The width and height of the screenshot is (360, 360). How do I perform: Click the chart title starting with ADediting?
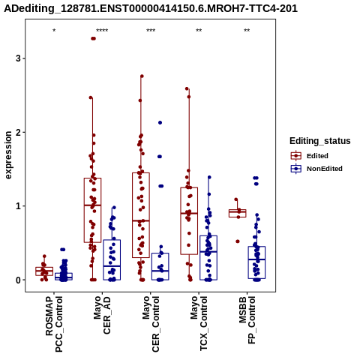pos(151,9)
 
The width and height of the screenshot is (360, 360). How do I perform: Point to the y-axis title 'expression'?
pos(8,155)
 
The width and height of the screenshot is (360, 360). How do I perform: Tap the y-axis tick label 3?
pos(19,58)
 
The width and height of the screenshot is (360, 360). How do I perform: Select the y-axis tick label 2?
pos(19,132)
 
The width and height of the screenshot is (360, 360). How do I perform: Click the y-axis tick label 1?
pos(19,206)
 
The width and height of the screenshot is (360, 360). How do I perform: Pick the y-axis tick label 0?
pos(19,280)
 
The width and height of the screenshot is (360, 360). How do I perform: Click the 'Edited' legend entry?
pos(317,156)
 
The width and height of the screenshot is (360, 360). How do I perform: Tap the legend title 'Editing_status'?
pos(320,141)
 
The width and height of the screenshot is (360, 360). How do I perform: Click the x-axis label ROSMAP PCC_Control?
pos(54,324)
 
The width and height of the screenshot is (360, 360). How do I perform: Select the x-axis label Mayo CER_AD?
pos(102,315)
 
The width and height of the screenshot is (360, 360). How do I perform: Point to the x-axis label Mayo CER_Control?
pos(151,324)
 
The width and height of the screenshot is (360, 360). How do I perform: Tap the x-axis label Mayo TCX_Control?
pos(199,323)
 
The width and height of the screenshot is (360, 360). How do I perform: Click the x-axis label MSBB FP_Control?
pos(247,320)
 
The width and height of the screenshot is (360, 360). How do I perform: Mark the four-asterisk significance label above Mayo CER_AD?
pos(102,31)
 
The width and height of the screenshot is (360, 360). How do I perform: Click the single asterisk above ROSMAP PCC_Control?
pos(54,31)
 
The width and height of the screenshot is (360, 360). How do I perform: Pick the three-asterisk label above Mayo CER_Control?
pos(151,31)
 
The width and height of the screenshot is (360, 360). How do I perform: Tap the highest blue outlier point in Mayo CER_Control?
pos(160,122)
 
